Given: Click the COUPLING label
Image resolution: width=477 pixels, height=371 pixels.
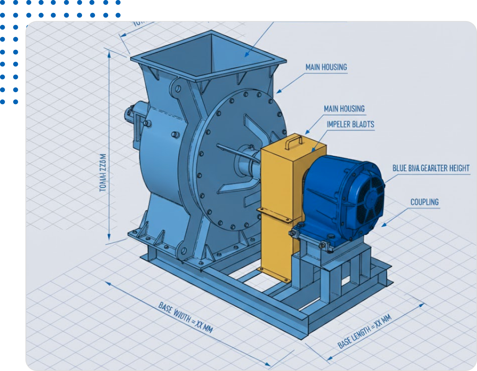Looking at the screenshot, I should tap(424, 202).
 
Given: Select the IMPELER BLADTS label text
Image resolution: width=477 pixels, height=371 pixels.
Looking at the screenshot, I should tap(350, 125).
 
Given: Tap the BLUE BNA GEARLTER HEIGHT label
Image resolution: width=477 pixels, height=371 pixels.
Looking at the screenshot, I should tap(431, 168).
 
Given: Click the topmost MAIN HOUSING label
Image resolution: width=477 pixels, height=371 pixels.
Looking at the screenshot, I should tap(326, 67).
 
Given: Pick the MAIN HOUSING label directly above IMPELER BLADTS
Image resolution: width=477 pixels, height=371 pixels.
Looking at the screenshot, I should tap(344, 109).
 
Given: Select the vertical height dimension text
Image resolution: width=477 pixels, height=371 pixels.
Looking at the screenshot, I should tap(103, 172).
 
